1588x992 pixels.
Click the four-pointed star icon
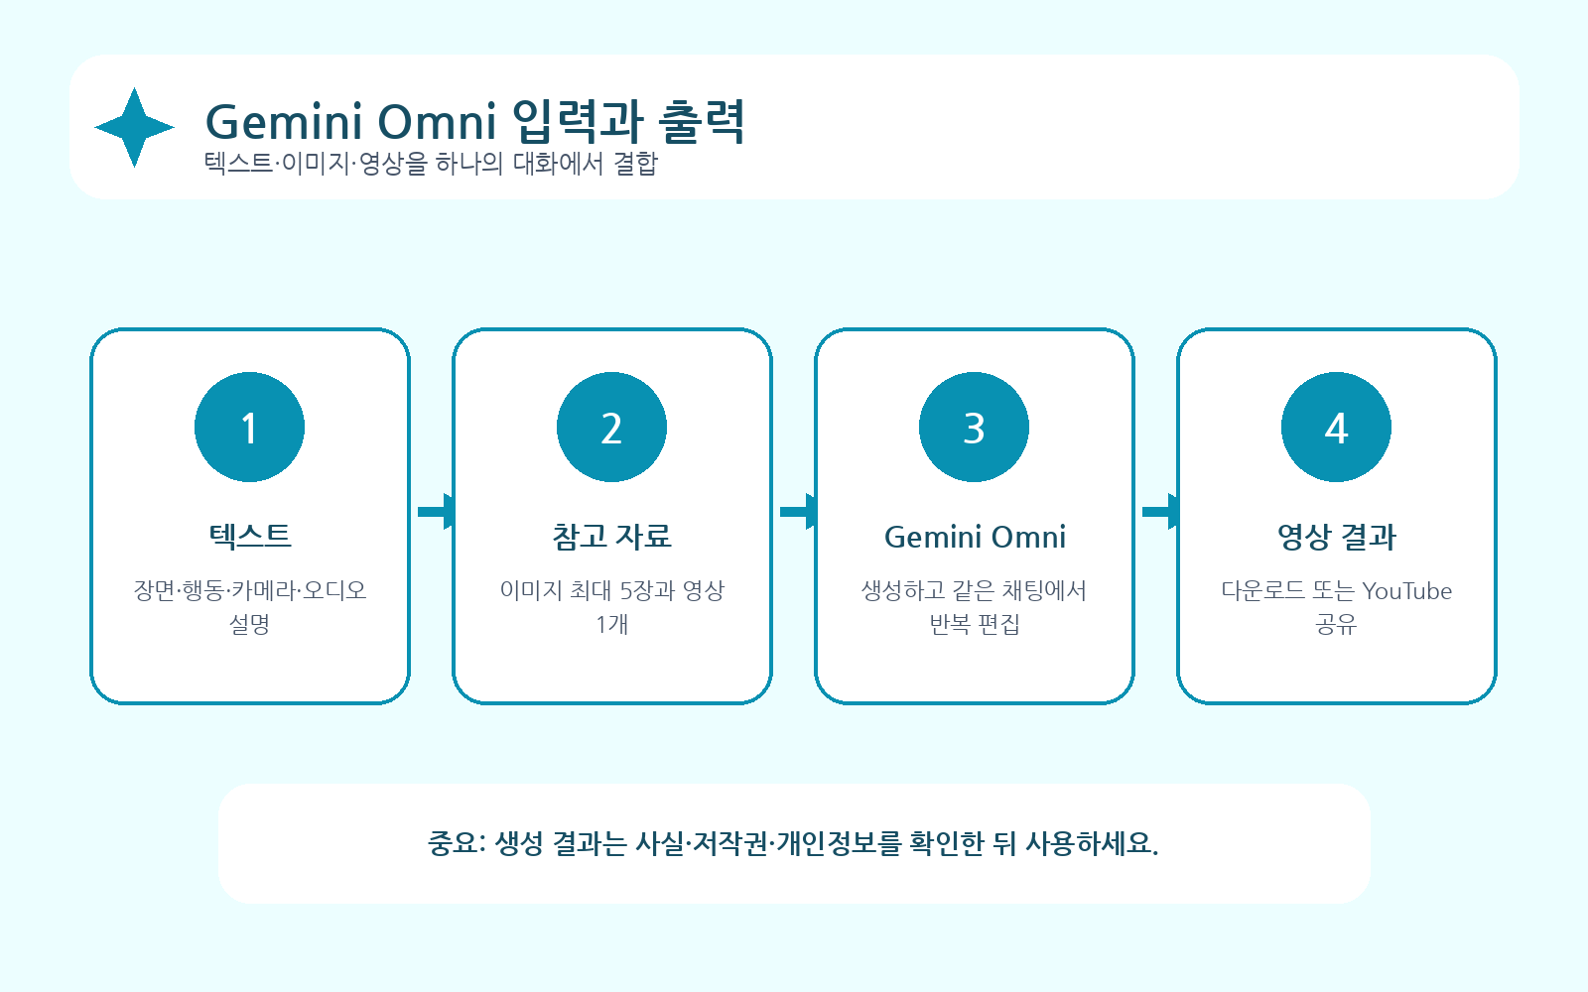pyautogui.click(x=134, y=128)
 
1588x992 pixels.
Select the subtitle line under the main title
pyautogui.click(x=431, y=164)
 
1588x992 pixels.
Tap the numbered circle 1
pyautogui.click(x=249, y=427)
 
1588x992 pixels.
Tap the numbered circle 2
pyautogui.click(x=611, y=427)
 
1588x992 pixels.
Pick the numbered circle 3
pyautogui.click(x=974, y=427)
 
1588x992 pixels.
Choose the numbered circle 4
pyautogui.click(x=1336, y=427)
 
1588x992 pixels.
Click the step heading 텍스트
pyautogui.click(x=249, y=537)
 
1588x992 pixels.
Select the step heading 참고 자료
pyautogui.click(x=611, y=537)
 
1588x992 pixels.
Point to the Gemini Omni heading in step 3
pyautogui.click(x=975, y=537)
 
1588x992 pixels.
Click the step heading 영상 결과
pyautogui.click(x=1336, y=537)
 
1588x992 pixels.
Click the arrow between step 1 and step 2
pyautogui.click(x=436, y=512)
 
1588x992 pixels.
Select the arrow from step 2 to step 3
pyautogui.click(x=798, y=512)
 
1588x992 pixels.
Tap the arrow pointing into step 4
pyautogui.click(x=1160, y=512)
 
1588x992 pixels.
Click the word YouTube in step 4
pyautogui.click(x=1407, y=591)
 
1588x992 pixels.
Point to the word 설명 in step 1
pyautogui.click(x=249, y=624)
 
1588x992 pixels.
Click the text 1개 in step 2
pyautogui.click(x=611, y=624)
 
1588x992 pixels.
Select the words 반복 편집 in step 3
pyautogui.click(x=974, y=624)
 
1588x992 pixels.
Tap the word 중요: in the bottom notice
pyautogui.click(x=457, y=843)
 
